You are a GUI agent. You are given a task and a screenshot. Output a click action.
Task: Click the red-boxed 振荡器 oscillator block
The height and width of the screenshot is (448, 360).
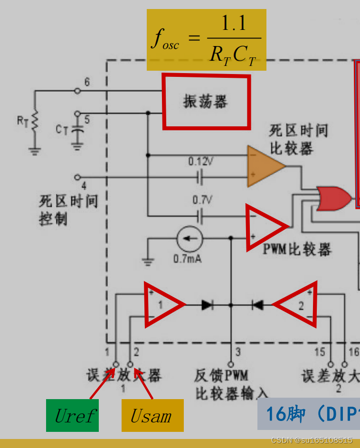coord(206,102)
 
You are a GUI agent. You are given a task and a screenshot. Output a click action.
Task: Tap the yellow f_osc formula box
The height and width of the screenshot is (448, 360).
coord(206,40)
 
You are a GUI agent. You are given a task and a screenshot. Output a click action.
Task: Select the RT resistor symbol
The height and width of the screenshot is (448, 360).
coord(34,121)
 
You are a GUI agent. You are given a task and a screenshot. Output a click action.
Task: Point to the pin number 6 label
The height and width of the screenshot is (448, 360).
coord(87,83)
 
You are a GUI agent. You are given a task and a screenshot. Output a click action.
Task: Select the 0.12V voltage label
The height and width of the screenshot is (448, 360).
coord(200,161)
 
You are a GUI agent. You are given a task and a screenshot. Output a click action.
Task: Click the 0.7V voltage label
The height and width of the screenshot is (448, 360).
coord(201,200)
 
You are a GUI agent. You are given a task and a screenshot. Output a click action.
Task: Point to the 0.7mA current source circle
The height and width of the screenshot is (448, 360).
coord(190,239)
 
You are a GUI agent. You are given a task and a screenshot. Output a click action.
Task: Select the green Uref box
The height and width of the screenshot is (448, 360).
coord(72,416)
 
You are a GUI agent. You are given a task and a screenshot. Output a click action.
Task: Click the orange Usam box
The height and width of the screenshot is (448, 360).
coord(152,416)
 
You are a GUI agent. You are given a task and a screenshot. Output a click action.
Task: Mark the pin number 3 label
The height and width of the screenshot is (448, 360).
coord(238,352)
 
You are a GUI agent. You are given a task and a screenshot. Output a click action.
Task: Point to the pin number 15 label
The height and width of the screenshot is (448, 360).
coord(320,352)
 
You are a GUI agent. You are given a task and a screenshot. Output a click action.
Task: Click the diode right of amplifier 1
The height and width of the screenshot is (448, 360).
coord(207,305)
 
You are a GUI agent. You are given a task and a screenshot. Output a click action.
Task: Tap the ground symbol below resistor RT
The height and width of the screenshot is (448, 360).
coord(34,151)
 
